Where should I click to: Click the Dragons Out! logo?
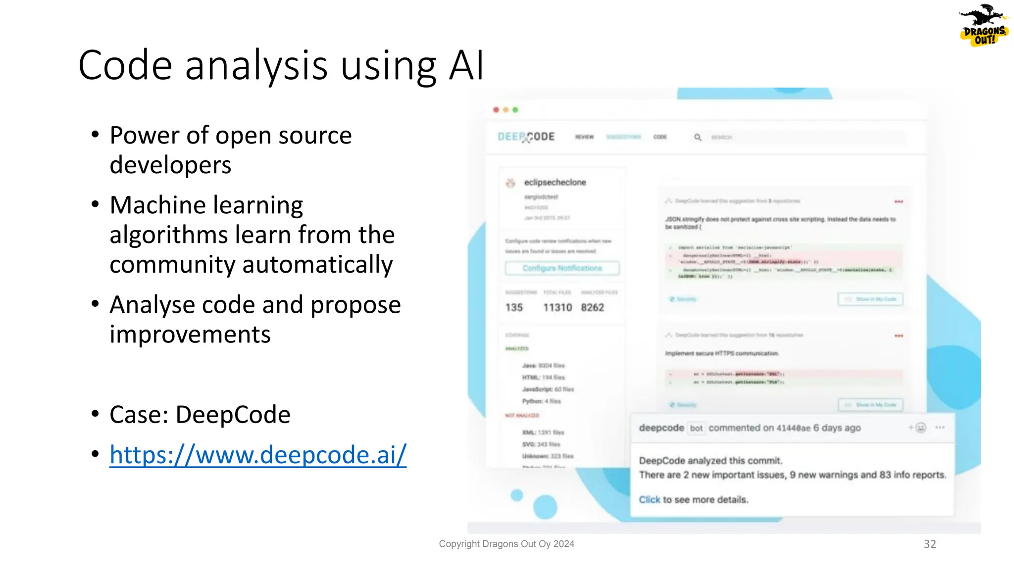click(983, 26)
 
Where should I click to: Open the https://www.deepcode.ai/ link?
click(258, 455)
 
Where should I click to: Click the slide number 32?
click(930, 544)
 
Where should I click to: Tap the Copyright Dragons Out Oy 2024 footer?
click(507, 544)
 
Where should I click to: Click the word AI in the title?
click(466, 66)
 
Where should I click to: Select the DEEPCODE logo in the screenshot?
click(526, 137)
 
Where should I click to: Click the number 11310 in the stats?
click(558, 308)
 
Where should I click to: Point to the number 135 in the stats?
click(514, 308)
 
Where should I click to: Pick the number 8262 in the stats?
click(593, 308)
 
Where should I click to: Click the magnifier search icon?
click(698, 137)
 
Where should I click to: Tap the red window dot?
click(496, 110)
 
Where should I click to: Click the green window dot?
click(515, 110)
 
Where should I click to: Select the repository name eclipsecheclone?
click(555, 183)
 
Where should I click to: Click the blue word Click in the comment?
click(649, 500)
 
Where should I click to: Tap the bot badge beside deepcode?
click(696, 428)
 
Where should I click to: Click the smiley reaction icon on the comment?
click(920, 427)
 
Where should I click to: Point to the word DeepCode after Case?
click(233, 415)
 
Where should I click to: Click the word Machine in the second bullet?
click(157, 205)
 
